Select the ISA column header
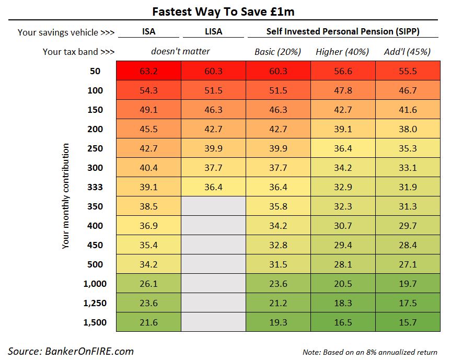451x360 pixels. (x=148, y=31)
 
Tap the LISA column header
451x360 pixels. (x=213, y=31)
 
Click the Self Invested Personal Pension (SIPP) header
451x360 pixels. (x=343, y=31)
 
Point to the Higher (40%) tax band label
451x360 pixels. (x=342, y=52)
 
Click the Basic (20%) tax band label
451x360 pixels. (x=278, y=52)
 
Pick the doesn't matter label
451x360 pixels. (x=180, y=52)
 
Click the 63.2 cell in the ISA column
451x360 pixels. (x=148, y=71)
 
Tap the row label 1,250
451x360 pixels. (x=95, y=303)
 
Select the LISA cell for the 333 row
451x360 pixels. (x=213, y=187)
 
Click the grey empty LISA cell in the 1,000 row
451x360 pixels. (x=213, y=284)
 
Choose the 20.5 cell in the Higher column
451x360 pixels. (x=342, y=284)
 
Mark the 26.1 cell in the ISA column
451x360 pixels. (x=148, y=284)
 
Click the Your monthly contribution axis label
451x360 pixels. (x=65, y=196)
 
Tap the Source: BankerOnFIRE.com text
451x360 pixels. (x=71, y=351)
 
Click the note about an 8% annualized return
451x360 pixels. (x=369, y=352)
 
